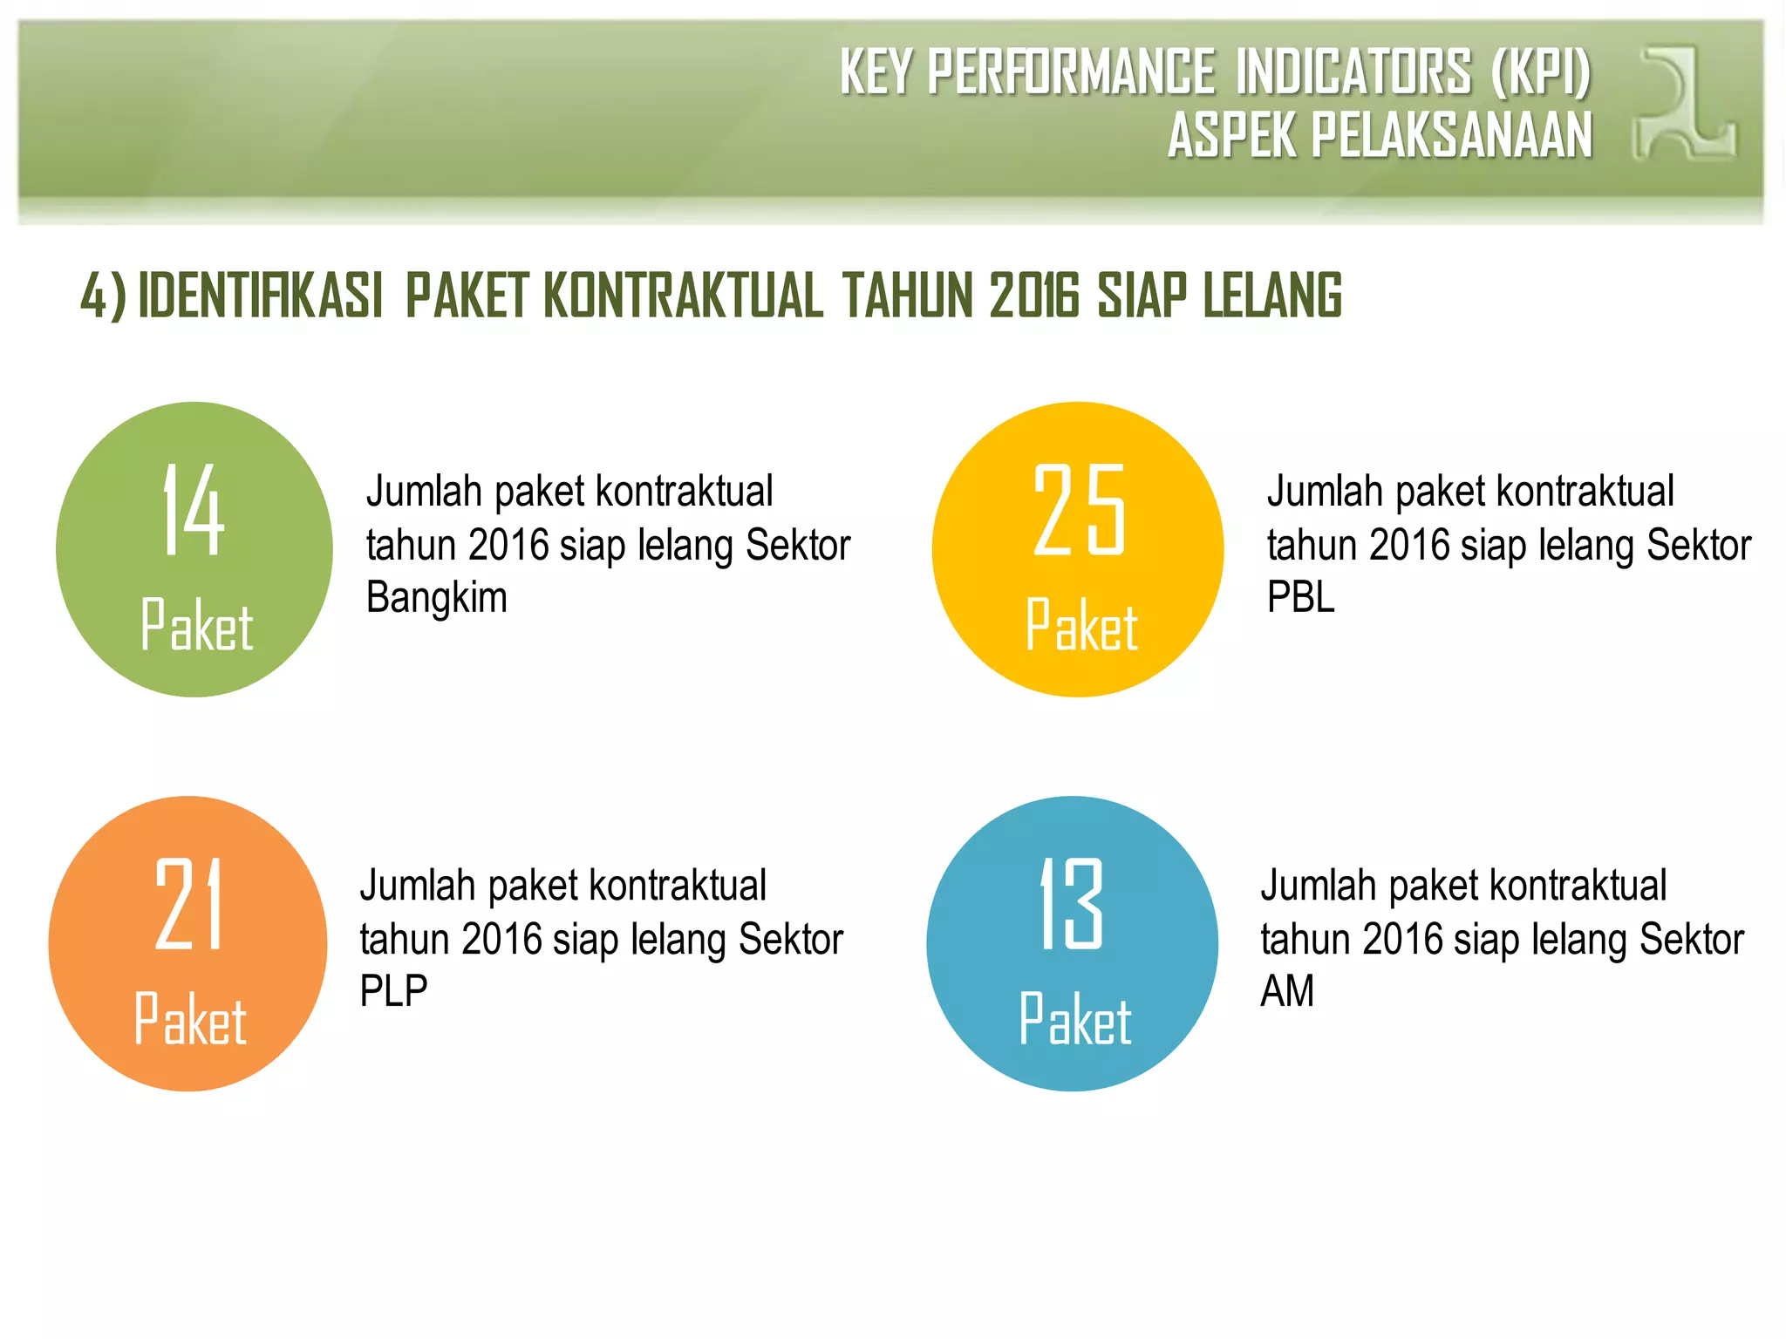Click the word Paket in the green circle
pyautogui.click(x=196, y=625)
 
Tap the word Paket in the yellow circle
pyautogui.click(x=1081, y=625)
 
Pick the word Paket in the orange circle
pyautogui.click(x=190, y=1019)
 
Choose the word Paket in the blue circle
pyautogui.click(x=1075, y=1019)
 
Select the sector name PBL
pyautogui.click(x=1300, y=598)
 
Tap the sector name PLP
pyautogui.click(x=393, y=992)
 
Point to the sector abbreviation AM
pyautogui.click(x=1287, y=992)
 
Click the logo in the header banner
pyautogui.click(x=1683, y=103)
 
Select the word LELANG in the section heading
pyautogui.click(x=1272, y=296)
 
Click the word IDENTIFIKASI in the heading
pyautogui.click(x=261, y=296)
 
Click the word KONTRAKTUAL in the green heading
pyautogui.click(x=683, y=296)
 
